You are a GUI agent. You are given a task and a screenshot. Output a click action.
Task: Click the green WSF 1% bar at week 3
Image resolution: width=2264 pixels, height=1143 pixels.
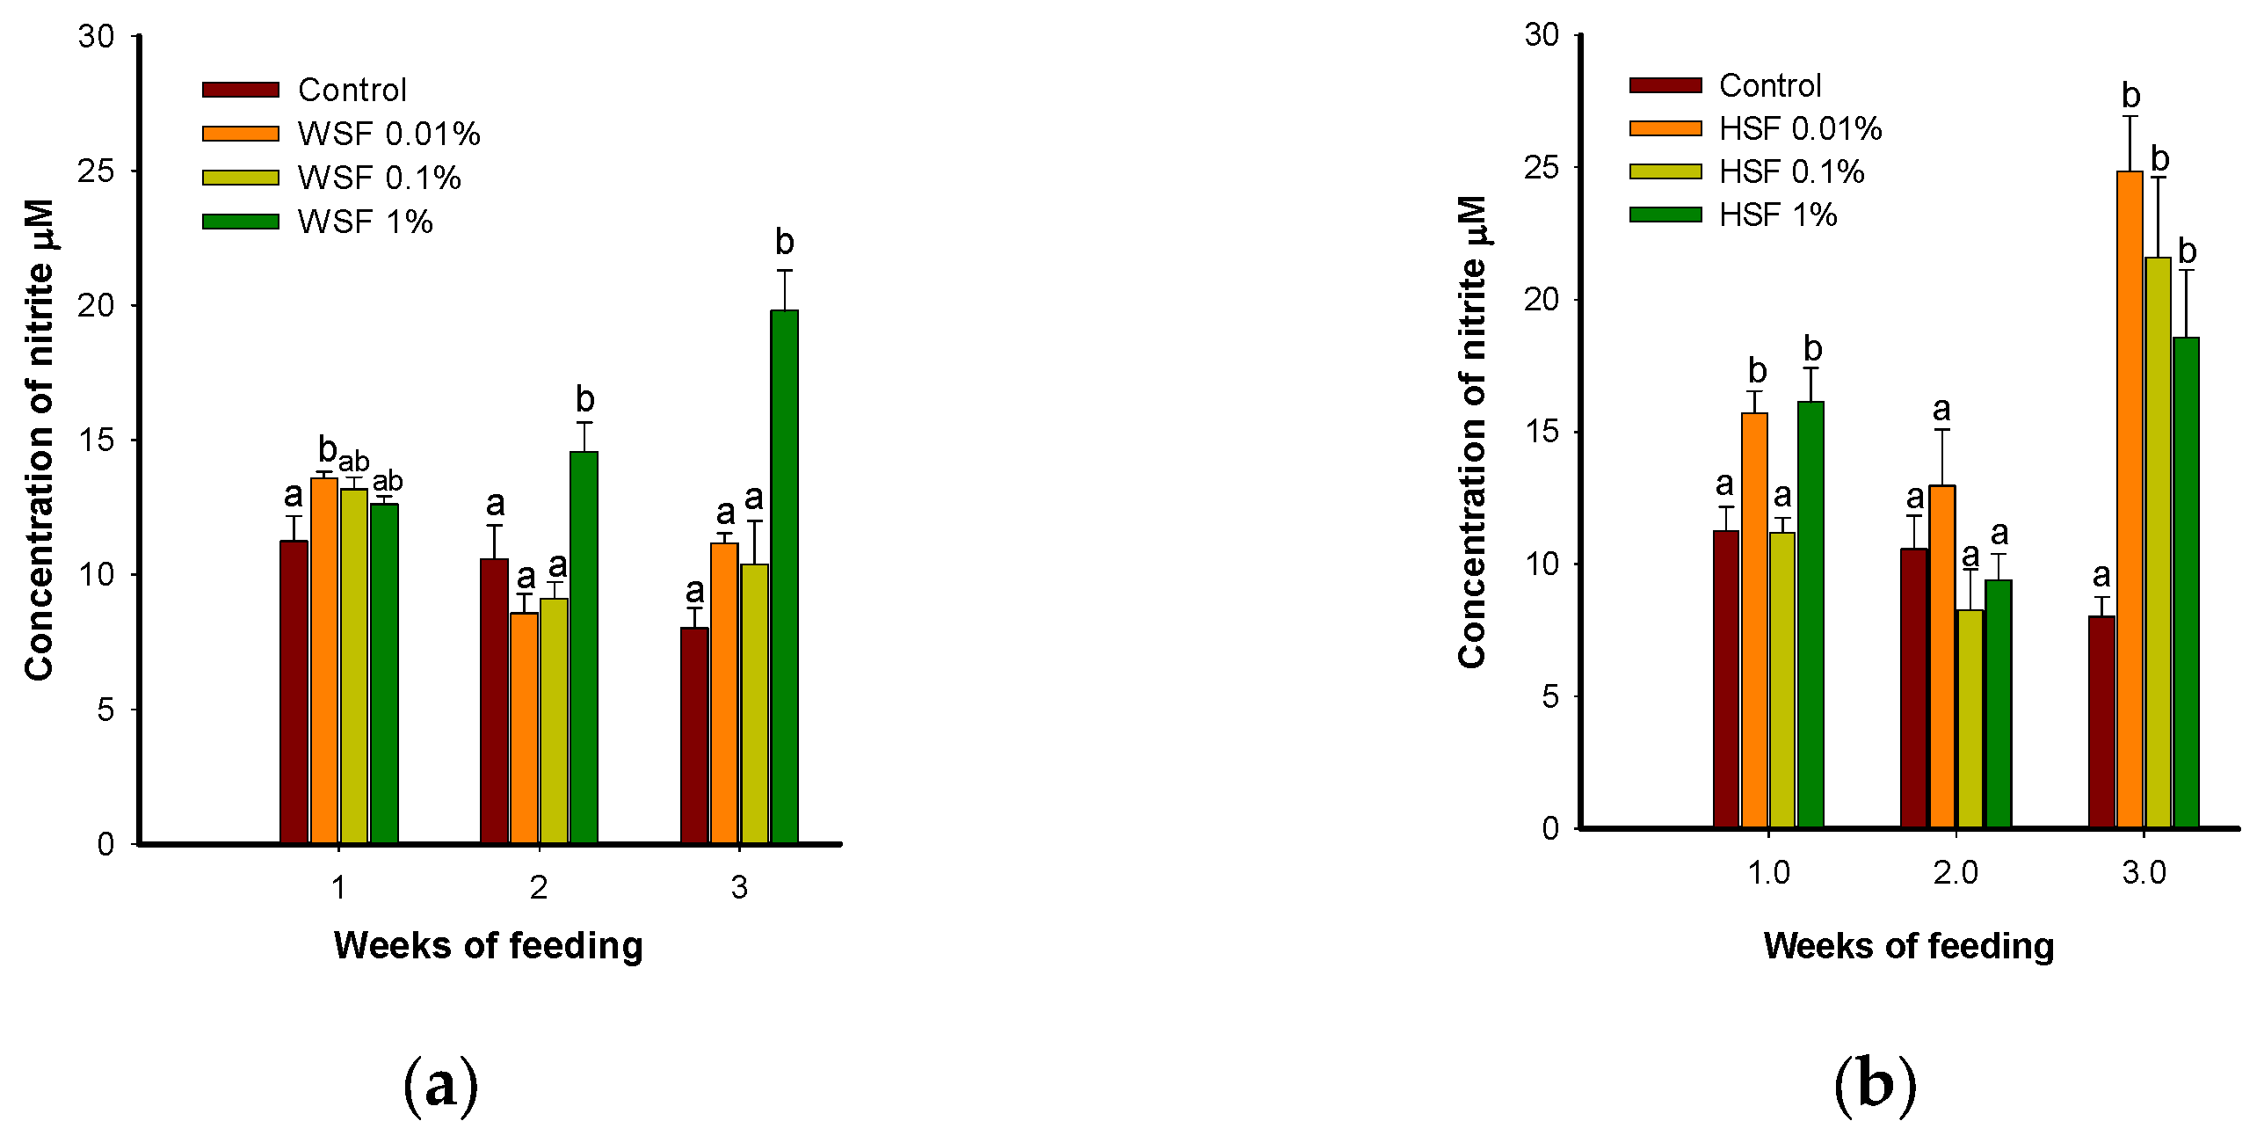point(784,576)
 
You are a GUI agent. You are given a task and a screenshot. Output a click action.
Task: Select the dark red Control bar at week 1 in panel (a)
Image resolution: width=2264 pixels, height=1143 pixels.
point(294,692)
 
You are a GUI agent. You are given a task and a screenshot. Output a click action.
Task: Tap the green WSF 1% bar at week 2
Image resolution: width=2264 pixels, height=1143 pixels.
point(584,647)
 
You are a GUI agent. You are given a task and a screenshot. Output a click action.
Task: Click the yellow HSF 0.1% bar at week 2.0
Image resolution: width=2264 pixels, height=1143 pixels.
point(1970,718)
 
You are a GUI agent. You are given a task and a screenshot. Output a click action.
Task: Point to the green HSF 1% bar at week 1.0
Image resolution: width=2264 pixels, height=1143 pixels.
point(1810,615)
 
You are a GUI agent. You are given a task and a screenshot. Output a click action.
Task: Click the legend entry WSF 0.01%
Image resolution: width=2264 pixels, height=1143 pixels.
point(388,134)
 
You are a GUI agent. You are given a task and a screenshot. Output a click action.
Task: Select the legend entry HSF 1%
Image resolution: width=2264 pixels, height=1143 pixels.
point(1777,215)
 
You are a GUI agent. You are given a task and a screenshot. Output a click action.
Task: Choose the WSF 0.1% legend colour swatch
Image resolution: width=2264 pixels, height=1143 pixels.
point(241,178)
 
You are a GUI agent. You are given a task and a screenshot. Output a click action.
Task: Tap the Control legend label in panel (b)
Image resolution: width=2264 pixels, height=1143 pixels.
point(1769,85)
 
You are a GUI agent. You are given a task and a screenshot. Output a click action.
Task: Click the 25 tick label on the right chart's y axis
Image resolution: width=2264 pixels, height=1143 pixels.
point(1542,167)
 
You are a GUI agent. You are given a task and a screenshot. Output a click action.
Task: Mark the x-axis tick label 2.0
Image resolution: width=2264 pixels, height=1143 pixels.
point(1956,873)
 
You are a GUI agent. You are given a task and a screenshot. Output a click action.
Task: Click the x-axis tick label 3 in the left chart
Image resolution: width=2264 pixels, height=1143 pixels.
point(739,888)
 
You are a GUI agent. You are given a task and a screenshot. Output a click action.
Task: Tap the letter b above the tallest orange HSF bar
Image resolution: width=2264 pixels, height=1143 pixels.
point(2130,95)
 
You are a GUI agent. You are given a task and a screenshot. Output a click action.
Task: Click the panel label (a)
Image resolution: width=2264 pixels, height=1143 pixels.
point(440,1085)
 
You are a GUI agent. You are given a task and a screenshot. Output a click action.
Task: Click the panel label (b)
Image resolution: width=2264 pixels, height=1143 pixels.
point(1875,1085)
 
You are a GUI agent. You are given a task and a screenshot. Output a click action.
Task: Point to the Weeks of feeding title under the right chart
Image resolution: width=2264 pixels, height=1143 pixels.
point(1908,946)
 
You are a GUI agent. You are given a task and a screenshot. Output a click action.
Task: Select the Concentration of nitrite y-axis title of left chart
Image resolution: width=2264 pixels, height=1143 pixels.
point(40,440)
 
